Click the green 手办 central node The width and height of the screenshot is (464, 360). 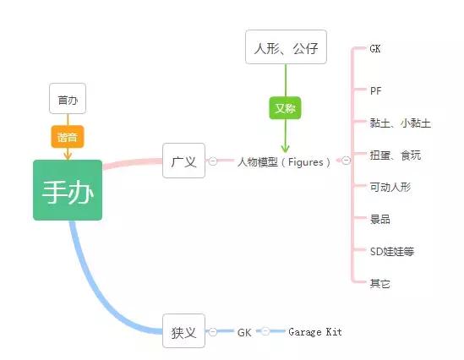point(68,190)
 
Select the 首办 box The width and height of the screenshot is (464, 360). point(67,100)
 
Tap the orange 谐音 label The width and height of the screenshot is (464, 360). point(67,135)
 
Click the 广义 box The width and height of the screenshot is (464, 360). point(183,161)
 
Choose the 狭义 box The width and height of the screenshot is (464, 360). point(183,332)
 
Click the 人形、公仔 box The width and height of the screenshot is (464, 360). point(285,47)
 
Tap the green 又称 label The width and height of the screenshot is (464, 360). point(285,108)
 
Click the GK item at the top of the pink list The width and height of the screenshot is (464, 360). point(376,49)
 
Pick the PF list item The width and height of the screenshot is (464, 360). point(376,90)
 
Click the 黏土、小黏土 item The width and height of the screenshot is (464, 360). point(400,123)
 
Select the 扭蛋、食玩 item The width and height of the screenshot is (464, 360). point(395,155)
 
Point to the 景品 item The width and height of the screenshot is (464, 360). point(379,219)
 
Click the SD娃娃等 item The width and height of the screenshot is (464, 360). point(391,251)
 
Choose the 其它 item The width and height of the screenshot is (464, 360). point(379,283)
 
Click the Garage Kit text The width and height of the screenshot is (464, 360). point(314,332)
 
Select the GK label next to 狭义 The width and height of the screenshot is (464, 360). point(244,332)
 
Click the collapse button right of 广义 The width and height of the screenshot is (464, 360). point(213,161)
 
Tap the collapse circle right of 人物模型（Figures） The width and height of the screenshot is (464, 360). point(346,161)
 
